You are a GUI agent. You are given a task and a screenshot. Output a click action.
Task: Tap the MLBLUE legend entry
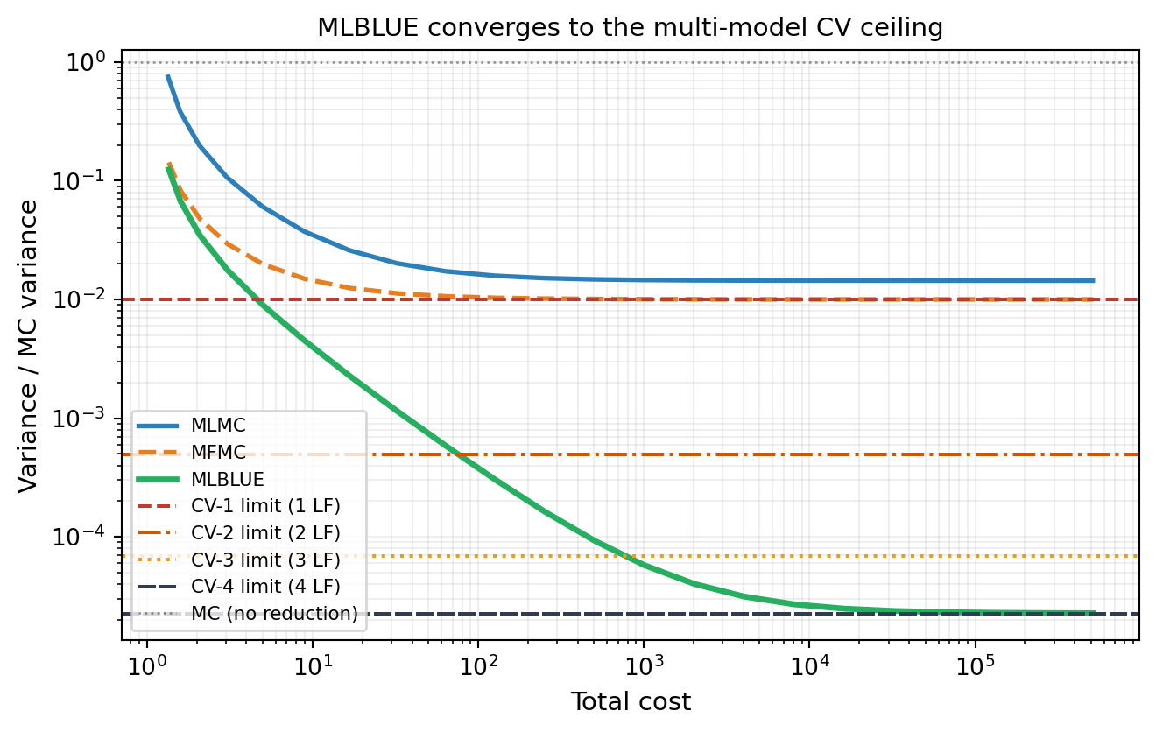click(x=227, y=479)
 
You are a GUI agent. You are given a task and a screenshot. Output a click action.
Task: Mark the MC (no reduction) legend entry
click(x=274, y=613)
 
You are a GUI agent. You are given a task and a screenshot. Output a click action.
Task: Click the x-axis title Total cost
click(x=631, y=701)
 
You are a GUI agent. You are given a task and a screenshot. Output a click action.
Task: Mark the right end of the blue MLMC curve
click(x=1093, y=280)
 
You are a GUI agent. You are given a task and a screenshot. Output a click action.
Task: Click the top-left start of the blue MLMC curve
click(x=167, y=76)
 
